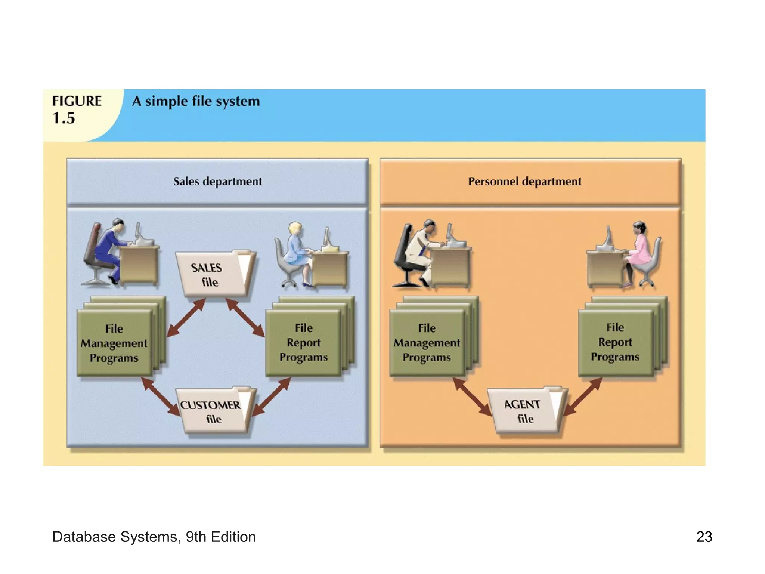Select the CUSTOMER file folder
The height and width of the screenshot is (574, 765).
[x=213, y=411]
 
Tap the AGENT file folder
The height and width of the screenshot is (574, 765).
[x=525, y=411]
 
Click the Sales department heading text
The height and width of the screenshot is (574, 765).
[x=217, y=182]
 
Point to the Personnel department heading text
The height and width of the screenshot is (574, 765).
[x=524, y=182]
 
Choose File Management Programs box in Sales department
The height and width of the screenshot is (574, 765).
[x=114, y=343]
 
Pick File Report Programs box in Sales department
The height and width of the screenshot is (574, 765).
[x=303, y=342]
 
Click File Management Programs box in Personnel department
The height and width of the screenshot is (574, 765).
[x=427, y=342]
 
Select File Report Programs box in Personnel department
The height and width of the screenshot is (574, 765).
[x=615, y=342]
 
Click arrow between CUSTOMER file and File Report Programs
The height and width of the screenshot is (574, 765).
[x=272, y=397]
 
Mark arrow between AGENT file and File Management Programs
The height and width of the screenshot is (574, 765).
[x=472, y=397]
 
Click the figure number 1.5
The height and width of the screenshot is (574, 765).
[x=64, y=118]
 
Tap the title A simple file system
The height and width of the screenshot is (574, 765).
[x=196, y=101]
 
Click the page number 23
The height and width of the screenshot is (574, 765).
[x=704, y=537]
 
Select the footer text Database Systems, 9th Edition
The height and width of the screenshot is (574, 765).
[x=154, y=537]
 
